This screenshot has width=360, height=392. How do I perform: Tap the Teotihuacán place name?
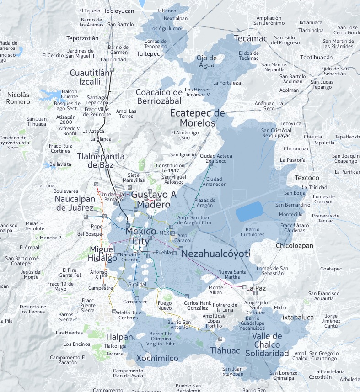click(x=316, y=58)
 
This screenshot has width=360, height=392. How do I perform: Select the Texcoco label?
click(x=306, y=178)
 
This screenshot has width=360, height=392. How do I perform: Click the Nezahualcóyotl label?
click(x=216, y=254)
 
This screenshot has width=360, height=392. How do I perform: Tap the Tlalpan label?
click(x=118, y=337)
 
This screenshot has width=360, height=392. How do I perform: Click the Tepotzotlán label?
click(x=82, y=38)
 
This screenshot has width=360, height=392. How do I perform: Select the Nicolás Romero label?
click(x=18, y=98)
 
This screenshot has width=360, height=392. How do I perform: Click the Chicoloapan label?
click(x=295, y=246)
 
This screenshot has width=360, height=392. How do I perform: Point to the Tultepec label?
click(x=148, y=53)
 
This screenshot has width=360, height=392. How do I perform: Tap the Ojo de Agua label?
click(x=207, y=61)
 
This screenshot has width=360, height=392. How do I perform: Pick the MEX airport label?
click(x=164, y=233)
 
